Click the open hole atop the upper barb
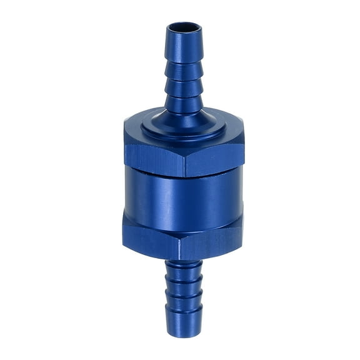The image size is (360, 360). click(x=183, y=28)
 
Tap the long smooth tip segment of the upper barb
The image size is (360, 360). click(x=183, y=47)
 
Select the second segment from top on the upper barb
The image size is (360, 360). click(x=183, y=71)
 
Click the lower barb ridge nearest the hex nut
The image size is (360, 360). click(x=182, y=269)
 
